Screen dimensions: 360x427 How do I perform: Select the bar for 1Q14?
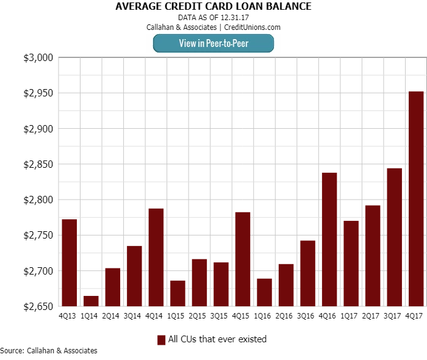(91, 301)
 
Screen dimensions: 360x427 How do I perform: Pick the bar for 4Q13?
(70, 262)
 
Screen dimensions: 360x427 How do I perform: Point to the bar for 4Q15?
(243, 259)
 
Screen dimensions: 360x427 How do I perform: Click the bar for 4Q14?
(156, 257)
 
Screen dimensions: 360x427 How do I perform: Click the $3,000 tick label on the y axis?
(38, 58)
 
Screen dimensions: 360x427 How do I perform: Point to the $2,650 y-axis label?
(38, 306)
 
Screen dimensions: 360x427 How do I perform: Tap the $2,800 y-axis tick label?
(38, 200)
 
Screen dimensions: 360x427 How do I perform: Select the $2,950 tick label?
(38, 93)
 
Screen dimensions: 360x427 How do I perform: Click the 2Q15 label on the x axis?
(199, 315)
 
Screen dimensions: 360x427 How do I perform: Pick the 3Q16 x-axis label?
(307, 315)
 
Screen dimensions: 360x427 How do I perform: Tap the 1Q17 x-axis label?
(351, 315)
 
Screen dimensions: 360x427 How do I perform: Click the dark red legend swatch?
(162, 340)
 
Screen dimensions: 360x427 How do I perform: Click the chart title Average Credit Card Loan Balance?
(213, 7)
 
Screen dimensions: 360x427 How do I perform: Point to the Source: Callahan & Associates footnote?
(49, 351)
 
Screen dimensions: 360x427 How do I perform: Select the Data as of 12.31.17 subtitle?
(213, 18)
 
